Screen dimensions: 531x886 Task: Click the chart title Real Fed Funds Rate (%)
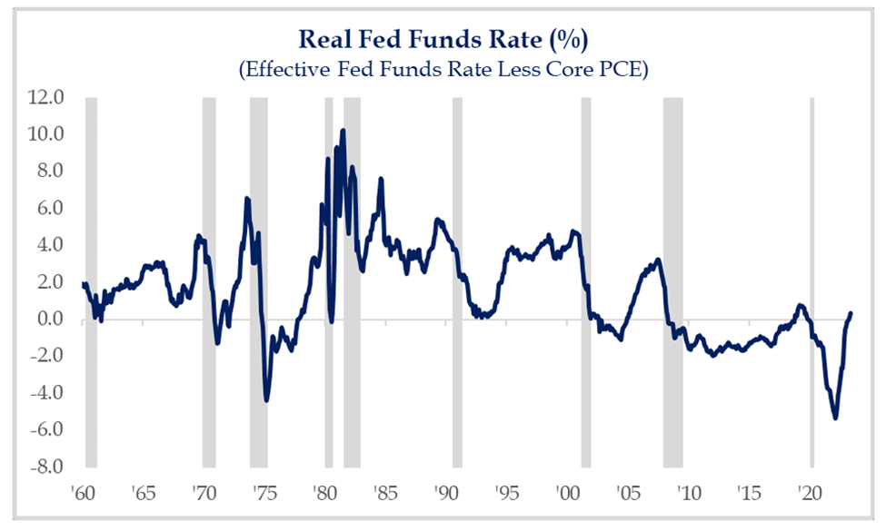[x=443, y=41]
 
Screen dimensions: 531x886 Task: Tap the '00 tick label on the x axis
[x=567, y=495]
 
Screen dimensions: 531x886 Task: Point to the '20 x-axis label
[x=808, y=495]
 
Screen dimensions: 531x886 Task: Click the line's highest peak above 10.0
[x=343, y=130]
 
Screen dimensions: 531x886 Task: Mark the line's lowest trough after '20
[x=835, y=418]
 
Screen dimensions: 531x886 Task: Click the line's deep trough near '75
[x=266, y=399]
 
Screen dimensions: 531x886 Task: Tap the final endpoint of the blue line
[x=851, y=313]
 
